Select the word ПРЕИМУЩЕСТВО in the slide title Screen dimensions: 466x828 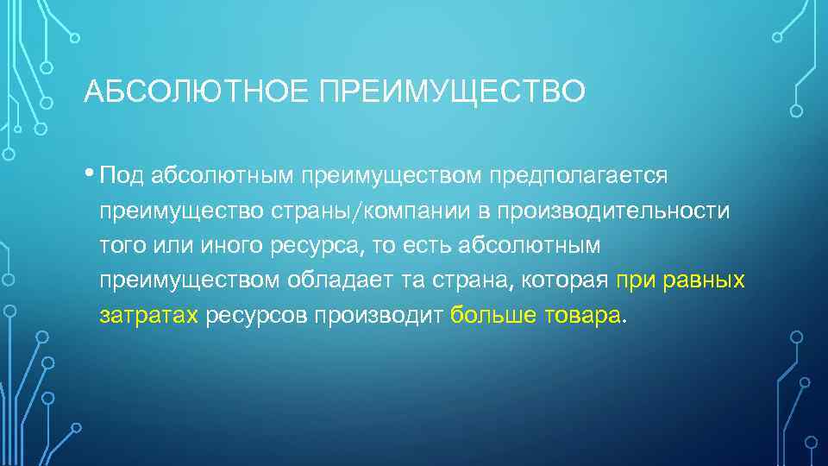click(x=452, y=90)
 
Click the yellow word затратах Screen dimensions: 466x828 click(x=149, y=316)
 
